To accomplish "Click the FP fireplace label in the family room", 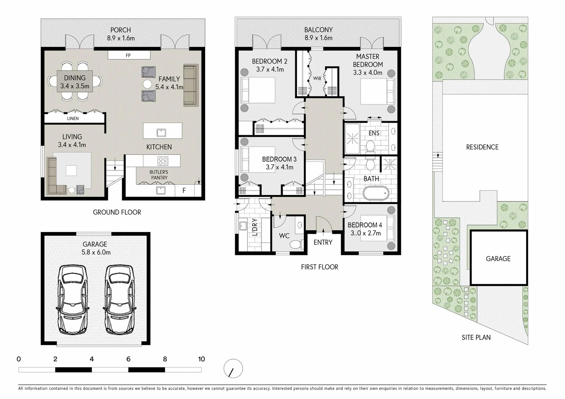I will tap(128, 55).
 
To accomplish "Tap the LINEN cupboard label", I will tap(73, 119).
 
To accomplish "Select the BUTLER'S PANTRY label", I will tap(159, 175).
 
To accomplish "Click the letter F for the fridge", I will tap(184, 191).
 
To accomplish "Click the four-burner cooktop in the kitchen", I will tap(163, 161).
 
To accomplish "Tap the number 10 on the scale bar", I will tap(201, 359).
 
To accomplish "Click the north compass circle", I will tap(233, 368).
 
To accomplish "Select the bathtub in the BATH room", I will tap(376, 193).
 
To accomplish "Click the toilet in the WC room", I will tap(296, 244).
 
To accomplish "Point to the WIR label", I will tap(317, 78).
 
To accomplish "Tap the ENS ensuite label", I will tap(374, 133).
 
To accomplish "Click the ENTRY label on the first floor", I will tap(323, 242).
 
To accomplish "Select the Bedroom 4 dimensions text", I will tap(365, 233).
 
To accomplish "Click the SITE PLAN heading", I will tap(476, 337).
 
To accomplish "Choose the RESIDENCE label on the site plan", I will tap(482, 147).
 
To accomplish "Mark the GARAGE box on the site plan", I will tap(498, 258).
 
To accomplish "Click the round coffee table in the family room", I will tap(148, 84).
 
